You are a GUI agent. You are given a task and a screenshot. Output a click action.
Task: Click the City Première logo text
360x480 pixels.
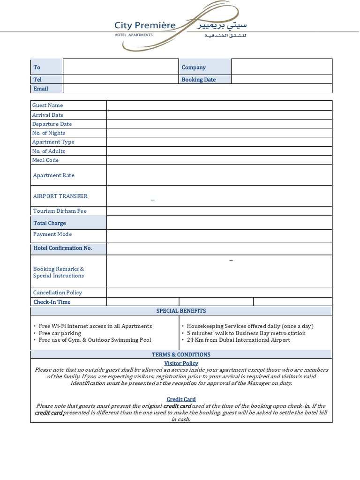(145, 26)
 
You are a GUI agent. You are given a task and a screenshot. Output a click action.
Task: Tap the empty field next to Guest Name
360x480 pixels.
(219, 105)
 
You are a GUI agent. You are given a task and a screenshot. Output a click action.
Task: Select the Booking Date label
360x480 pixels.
(198, 80)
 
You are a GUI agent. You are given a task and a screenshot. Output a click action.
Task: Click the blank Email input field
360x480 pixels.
(197, 89)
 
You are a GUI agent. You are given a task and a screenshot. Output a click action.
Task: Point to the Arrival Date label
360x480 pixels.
(48, 115)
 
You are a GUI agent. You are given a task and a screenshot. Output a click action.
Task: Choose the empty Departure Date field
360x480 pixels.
(219, 124)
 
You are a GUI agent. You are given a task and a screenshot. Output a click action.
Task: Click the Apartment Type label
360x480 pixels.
(53, 142)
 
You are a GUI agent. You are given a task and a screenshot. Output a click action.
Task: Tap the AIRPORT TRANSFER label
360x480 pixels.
(60, 196)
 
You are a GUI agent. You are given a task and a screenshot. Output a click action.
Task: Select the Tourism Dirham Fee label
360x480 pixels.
(60, 211)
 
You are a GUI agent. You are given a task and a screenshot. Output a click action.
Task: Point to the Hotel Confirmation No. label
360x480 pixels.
(62, 248)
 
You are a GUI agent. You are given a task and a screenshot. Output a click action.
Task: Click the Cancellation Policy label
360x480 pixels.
(57, 292)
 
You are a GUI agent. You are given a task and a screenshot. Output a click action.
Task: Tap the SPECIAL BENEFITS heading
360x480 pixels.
(181, 311)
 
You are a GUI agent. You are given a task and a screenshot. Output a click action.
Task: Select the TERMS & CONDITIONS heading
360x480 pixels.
(181, 354)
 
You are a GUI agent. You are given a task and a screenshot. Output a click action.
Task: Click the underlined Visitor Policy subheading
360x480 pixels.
(181, 363)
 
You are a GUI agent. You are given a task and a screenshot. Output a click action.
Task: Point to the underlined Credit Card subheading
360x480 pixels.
(181, 399)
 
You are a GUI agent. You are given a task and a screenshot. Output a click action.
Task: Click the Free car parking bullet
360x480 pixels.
(60, 333)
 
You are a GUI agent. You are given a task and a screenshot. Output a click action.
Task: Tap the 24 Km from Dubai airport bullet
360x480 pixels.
(238, 340)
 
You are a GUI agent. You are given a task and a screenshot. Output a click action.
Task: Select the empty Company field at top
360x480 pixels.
(281, 67)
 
